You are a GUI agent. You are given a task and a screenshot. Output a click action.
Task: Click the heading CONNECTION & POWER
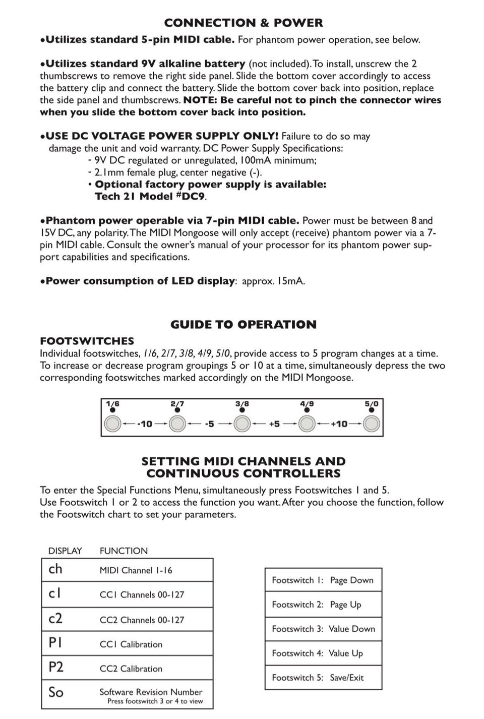click(244, 23)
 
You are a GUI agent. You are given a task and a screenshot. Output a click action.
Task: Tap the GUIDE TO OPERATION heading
click(244, 324)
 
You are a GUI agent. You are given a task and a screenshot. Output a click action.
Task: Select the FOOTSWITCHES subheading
click(87, 341)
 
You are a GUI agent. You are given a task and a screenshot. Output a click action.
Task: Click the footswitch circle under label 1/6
click(112, 424)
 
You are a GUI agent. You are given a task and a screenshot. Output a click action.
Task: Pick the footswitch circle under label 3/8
click(242, 424)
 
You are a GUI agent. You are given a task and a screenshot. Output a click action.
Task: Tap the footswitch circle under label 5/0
click(372, 424)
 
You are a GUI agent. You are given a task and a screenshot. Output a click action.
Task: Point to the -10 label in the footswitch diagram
click(145, 424)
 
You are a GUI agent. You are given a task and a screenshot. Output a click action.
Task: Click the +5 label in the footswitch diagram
click(274, 424)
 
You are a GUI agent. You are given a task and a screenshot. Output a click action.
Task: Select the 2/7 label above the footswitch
click(177, 404)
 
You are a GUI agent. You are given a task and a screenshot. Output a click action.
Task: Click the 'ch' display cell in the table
click(55, 569)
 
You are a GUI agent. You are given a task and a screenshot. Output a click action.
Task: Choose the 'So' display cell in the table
click(56, 692)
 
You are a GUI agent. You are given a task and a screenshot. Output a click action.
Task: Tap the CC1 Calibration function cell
click(131, 644)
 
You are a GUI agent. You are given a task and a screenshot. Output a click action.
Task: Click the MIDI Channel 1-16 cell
click(136, 570)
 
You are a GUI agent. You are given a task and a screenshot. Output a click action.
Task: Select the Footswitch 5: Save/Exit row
click(323, 678)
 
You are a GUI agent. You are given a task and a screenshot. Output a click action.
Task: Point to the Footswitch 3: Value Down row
click(323, 629)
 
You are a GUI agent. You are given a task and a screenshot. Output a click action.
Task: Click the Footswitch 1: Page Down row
click(323, 580)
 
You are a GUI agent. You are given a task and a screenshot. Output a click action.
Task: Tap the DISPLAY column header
click(65, 551)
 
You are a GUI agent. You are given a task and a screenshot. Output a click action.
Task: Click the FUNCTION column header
click(124, 551)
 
